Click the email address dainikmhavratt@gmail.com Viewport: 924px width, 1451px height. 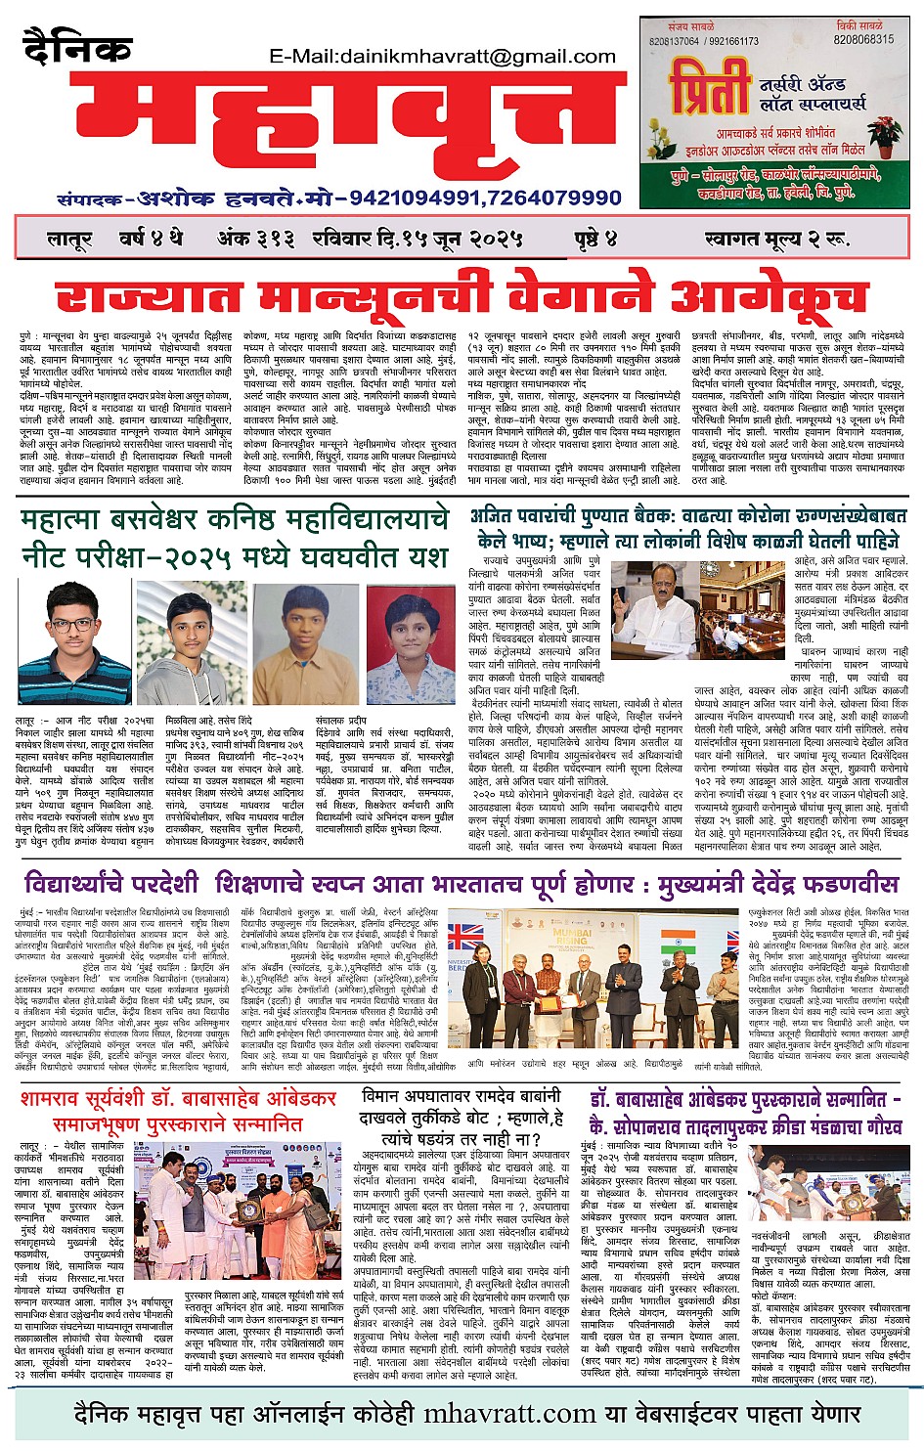coord(443,57)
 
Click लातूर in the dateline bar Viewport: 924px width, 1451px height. coord(69,239)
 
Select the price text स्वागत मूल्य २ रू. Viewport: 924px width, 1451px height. coord(775,239)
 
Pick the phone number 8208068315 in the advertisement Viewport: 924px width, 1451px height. coord(863,40)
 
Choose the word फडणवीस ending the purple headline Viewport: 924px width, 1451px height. coord(846,885)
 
